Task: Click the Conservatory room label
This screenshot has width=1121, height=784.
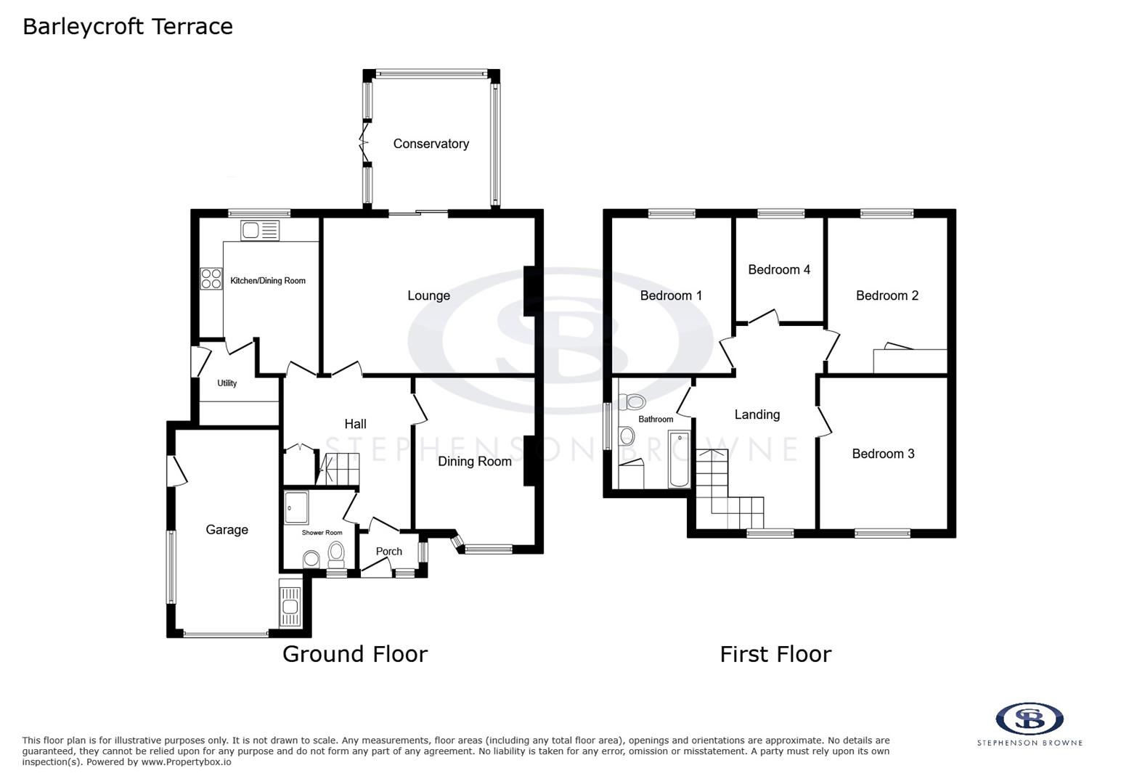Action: (x=431, y=144)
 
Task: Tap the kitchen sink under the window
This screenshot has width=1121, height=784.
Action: (x=259, y=231)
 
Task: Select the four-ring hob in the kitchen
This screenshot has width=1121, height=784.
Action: (x=211, y=279)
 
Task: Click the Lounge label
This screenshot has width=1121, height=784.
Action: (x=428, y=295)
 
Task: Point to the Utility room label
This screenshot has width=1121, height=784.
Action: (x=227, y=383)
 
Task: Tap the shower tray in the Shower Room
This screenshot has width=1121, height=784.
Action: (x=296, y=507)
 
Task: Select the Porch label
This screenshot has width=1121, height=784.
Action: (x=388, y=552)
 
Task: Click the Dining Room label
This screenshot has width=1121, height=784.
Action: (x=474, y=461)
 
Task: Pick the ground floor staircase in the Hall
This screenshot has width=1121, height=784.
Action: (x=341, y=469)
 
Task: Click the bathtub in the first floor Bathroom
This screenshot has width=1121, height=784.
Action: (x=679, y=458)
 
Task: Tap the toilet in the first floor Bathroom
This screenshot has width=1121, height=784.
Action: (x=633, y=401)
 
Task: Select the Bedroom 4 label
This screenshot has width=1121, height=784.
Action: (x=778, y=269)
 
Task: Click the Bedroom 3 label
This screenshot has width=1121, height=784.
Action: (x=883, y=454)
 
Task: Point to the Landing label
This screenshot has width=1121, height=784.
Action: (x=757, y=415)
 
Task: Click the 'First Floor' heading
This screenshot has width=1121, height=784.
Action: (x=775, y=654)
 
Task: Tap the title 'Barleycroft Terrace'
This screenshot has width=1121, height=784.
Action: (x=128, y=27)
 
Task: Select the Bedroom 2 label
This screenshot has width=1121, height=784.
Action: (x=886, y=295)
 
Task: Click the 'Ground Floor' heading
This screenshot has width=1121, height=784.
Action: (x=354, y=654)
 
